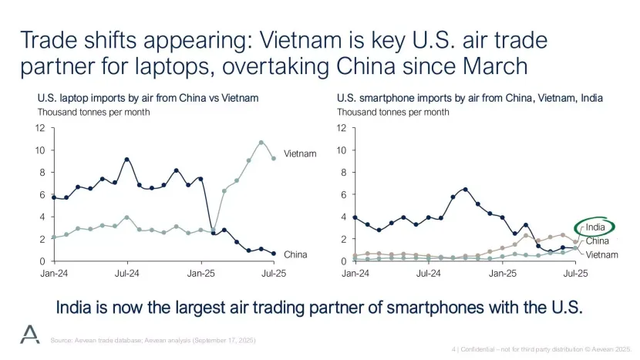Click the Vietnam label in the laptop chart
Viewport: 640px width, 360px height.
[x=300, y=153]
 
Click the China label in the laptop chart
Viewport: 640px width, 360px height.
[x=295, y=254]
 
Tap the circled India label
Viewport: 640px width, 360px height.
[x=595, y=227]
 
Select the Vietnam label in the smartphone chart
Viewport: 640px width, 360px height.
[x=602, y=254]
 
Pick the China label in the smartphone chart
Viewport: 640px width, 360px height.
[x=598, y=241]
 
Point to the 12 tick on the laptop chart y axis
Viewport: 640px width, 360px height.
[x=39, y=127]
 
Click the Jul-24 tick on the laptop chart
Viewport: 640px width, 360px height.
[x=126, y=274]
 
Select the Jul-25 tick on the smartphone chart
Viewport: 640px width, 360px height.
[x=575, y=274]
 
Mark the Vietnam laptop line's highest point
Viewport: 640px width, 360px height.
[x=261, y=143]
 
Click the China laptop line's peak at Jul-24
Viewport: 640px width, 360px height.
[x=127, y=160]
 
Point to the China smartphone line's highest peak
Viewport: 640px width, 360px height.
[x=465, y=189]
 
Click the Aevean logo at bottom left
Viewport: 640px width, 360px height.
[x=30, y=333]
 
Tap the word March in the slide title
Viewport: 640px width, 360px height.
[x=485, y=66]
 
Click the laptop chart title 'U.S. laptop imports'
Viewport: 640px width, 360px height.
[x=147, y=99]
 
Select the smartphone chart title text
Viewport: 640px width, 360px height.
[x=470, y=99]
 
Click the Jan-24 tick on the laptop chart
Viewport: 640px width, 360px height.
[x=53, y=274]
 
